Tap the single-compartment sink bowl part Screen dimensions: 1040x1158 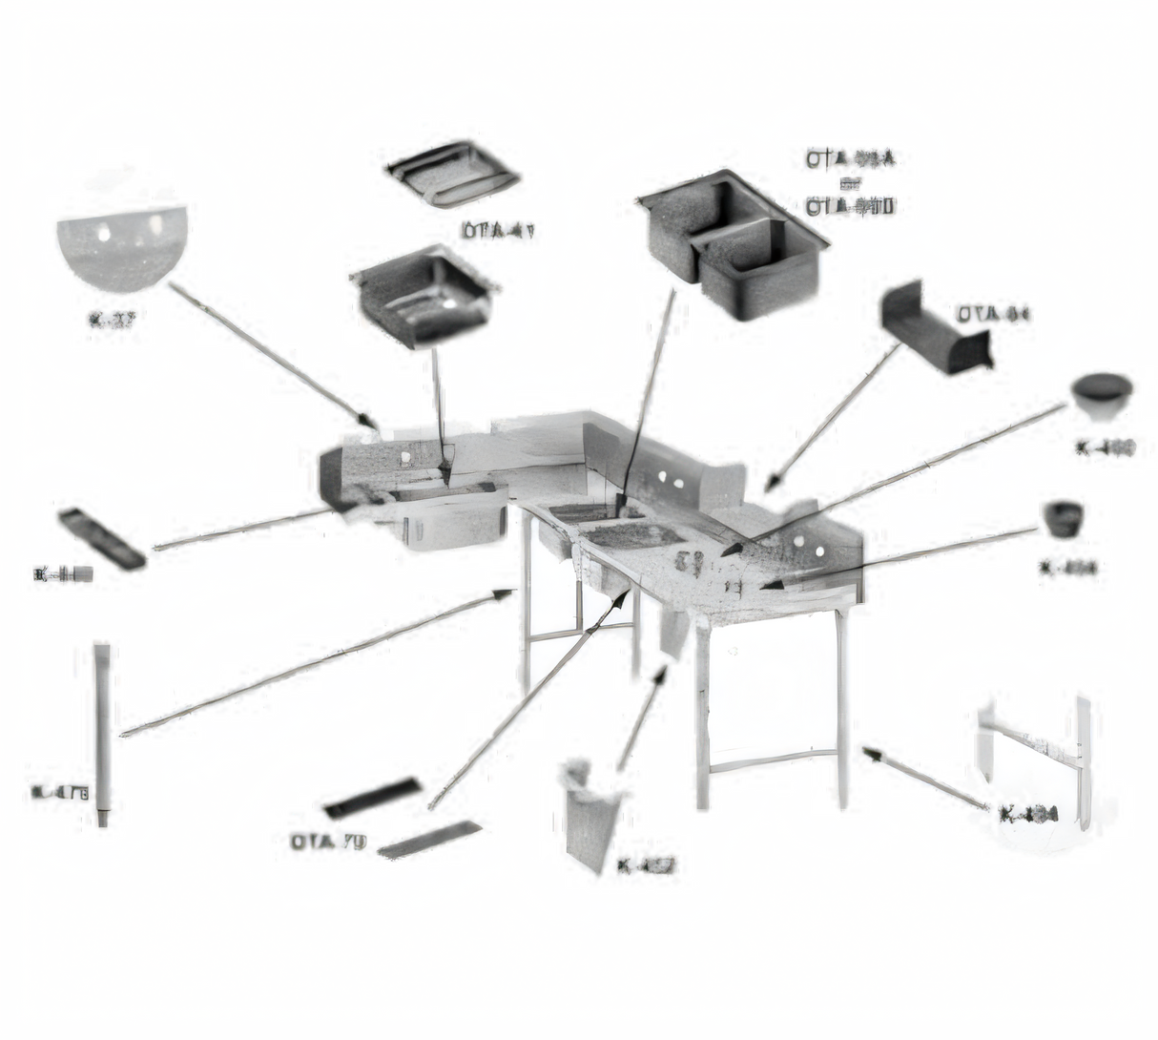pyautogui.click(x=424, y=297)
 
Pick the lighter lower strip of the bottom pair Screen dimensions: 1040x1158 pyautogui.click(x=430, y=839)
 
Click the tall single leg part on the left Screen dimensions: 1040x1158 pyautogui.click(x=102, y=730)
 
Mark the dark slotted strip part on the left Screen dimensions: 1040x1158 pyautogui.click(x=102, y=538)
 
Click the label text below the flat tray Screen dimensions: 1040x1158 pyautogui.click(x=498, y=229)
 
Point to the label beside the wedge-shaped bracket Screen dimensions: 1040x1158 pyautogui.click(x=994, y=313)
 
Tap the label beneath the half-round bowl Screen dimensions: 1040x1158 pyautogui.click(x=111, y=321)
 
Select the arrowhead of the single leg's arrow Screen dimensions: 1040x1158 pyautogui.click(x=506, y=593)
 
